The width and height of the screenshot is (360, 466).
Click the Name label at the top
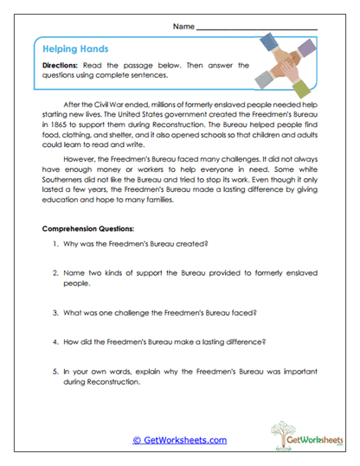[183, 28]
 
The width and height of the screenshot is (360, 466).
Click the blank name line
[257, 29]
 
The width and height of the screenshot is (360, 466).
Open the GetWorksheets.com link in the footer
[180, 440]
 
